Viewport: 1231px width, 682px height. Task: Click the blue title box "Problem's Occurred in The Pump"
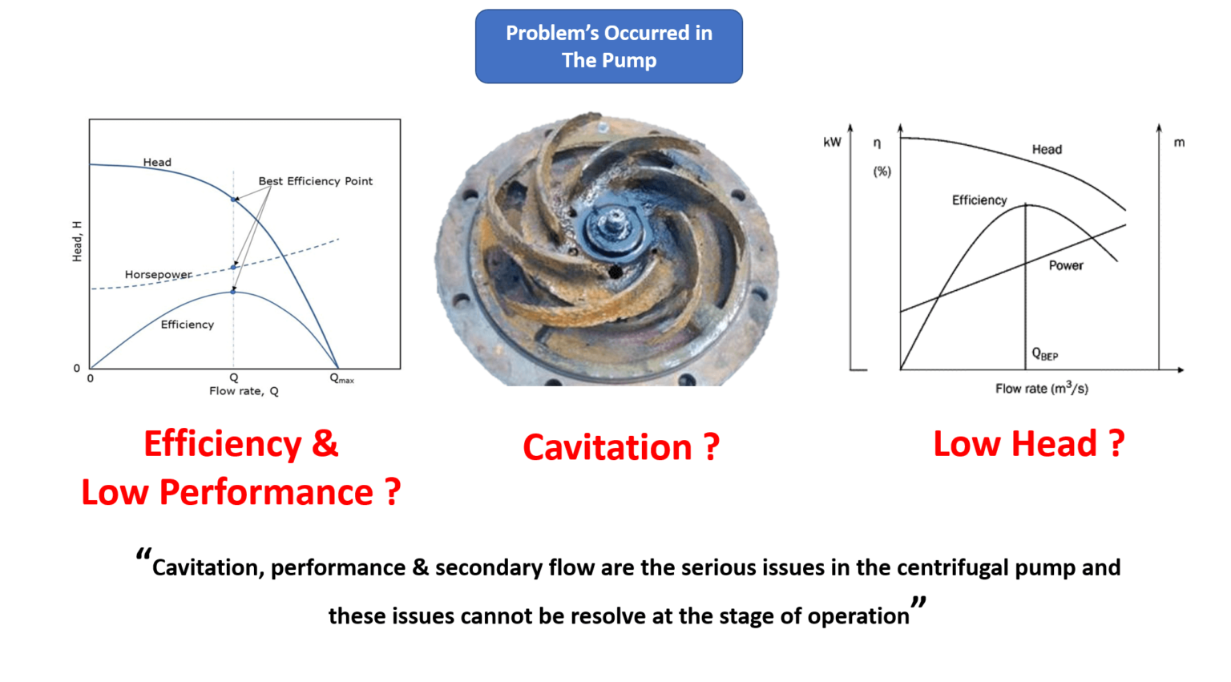click(x=608, y=46)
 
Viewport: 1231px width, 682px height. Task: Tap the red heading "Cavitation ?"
click(x=620, y=447)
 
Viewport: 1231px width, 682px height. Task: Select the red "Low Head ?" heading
click(x=1028, y=444)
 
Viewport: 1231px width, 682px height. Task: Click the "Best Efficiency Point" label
click(x=315, y=181)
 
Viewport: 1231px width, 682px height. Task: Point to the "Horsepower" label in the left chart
click(x=158, y=274)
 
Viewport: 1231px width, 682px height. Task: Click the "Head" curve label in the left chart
click(x=157, y=162)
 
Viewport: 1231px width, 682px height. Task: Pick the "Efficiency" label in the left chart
click(x=187, y=325)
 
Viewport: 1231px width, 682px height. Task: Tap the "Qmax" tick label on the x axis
click(x=341, y=378)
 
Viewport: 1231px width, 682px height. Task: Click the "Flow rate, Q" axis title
click(x=244, y=391)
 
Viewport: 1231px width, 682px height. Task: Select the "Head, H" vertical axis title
click(x=77, y=241)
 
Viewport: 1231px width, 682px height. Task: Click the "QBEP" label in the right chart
click(x=1044, y=353)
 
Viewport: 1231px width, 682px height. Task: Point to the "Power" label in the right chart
click(x=1065, y=265)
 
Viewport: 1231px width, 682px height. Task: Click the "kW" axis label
click(x=832, y=142)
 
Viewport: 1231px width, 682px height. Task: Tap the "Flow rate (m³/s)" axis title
click(x=1041, y=389)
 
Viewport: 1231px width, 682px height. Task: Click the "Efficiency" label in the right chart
click(x=979, y=200)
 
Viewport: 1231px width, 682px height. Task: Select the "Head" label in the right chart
click(x=1046, y=149)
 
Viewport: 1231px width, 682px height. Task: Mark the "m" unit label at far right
click(x=1179, y=143)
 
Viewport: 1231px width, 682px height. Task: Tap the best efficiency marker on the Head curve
click(x=234, y=199)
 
